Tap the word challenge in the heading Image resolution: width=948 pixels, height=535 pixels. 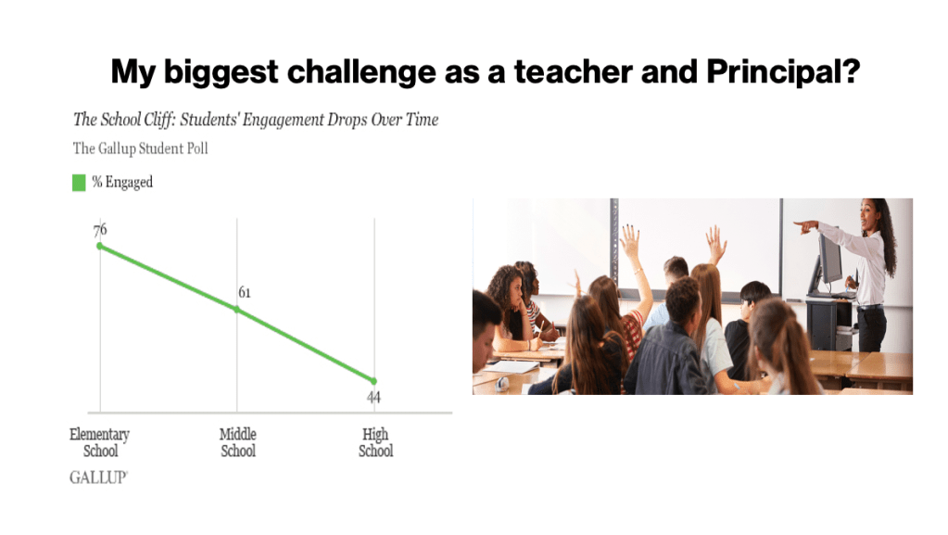pyautogui.click(x=360, y=72)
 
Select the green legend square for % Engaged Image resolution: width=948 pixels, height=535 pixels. pyautogui.click(x=79, y=182)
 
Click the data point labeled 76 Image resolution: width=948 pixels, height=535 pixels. pyautogui.click(x=100, y=246)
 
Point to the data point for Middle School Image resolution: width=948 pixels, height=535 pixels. pyautogui.click(x=237, y=310)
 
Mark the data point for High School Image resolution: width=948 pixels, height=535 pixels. pyautogui.click(x=373, y=381)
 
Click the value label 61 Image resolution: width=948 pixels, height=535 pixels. pyautogui.click(x=245, y=293)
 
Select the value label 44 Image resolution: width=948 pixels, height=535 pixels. pyautogui.click(x=373, y=398)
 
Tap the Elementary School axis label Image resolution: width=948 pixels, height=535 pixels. pyautogui.click(x=100, y=442)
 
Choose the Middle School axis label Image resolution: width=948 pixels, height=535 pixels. pyautogui.click(x=237, y=442)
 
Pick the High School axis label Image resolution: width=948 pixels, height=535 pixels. pyautogui.click(x=375, y=442)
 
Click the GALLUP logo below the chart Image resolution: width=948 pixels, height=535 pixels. pyautogui.click(x=98, y=478)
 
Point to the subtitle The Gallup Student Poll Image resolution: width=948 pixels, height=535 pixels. pyautogui.click(x=140, y=149)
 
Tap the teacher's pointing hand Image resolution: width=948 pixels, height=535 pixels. pyautogui.click(x=805, y=227)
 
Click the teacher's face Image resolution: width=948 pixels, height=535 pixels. pyautogui.click(x=869, y=216)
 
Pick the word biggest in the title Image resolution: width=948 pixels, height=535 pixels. pyautogui.click(x=221, y=72)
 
